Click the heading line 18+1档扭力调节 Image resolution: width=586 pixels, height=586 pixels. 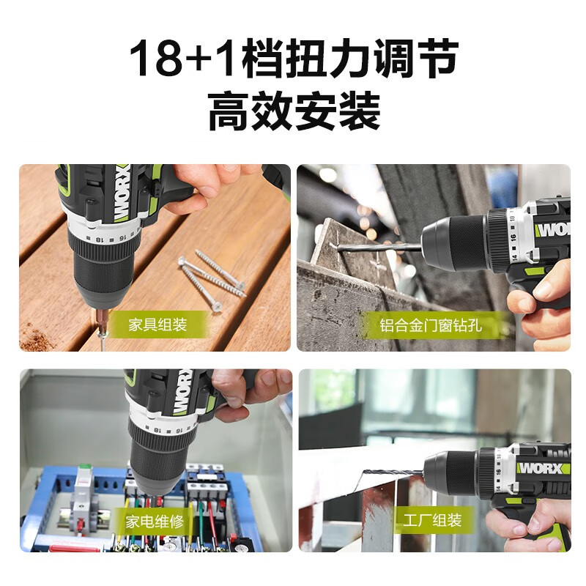[x=293, y=60]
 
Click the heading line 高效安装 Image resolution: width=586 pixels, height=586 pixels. [x=293, y=112]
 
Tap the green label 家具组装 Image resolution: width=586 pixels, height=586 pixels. [x=157, y=324]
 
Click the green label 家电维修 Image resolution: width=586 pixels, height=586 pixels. [x=154, y=522]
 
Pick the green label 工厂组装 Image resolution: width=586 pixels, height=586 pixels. [x=432, y=521]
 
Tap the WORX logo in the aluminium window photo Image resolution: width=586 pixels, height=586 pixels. [x=551, y=229]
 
